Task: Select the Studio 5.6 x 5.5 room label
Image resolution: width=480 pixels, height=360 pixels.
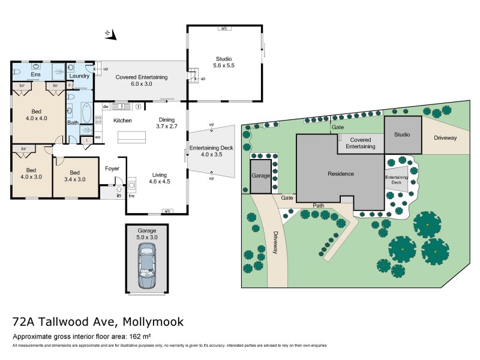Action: coord(224,62)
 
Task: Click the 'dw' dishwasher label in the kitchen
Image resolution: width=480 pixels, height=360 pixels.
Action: coord(106,107)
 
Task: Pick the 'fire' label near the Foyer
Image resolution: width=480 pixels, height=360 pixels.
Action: coord(131,196)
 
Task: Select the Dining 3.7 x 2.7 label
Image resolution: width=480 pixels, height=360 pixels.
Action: coord(166,123)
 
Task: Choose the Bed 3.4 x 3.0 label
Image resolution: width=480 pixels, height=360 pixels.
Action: coord(74,175)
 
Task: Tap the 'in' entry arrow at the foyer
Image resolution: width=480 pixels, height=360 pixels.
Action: coord(119,191)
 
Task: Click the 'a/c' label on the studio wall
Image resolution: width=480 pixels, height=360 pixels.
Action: coord(224,28)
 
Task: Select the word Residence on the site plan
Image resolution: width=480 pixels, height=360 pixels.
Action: coord(340,174)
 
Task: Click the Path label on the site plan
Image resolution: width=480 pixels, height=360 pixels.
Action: coord(318,205)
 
